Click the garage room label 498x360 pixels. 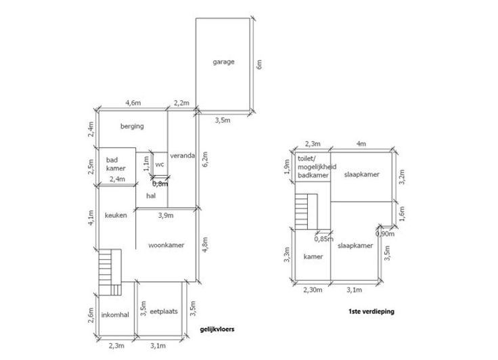click(223, 62)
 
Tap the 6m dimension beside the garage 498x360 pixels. click(259, 64)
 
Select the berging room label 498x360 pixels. click(132, 126)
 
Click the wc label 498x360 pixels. click(160, 164)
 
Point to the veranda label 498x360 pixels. click(182, 156)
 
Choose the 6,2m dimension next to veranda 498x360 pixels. click(205, 160)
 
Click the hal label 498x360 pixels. click(151, 196)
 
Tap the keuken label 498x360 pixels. click(116, 215)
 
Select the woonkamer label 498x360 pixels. click(166, 245)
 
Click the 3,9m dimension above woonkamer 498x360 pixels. click(166, 215)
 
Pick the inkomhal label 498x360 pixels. click(115, 315)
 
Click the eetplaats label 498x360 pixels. click(164, 311)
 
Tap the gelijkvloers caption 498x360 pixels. click(217, 329)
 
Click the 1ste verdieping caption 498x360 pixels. click(371, 311)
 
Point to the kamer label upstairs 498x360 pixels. click(313, 256)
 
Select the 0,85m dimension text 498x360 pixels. click(323, 239)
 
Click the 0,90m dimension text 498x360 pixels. click(385, 234)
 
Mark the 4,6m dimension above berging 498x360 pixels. click(133, 103)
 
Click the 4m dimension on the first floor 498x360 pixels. click(361, 143)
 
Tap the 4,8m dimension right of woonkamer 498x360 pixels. click(205, 245)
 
